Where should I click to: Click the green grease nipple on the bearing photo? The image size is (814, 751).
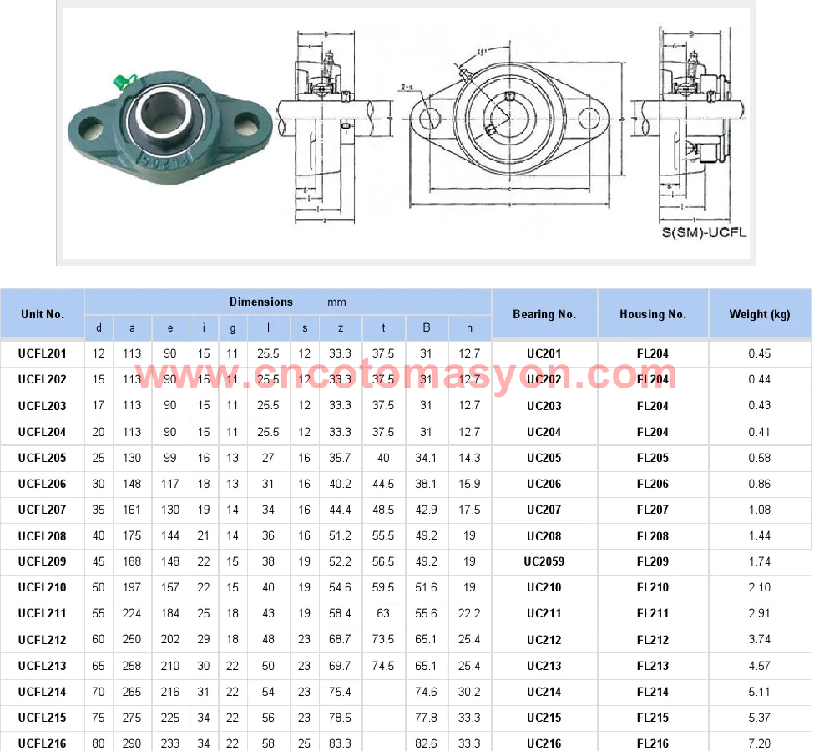pyautogui.click(x=120, y=81)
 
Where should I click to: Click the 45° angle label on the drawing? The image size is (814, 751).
pyautogui.click(x=482, y=52)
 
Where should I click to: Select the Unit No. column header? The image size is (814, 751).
pyautogui.click(x=43, y=314)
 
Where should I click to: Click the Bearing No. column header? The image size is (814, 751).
pyautogui.click(x=544, y=314)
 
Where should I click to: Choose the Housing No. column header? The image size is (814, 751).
pyautogui.click(x=653, y=314)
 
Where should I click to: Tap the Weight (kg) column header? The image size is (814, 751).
pyautogui.click(x=759, y=314)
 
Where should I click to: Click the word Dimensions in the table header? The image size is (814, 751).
pyautogui.click(x=261, y=302)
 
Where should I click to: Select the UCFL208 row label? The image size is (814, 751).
pyautogui.click(x=42, y=535)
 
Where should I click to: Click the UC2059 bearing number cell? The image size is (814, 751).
pyautogui.click(x=544, y=561)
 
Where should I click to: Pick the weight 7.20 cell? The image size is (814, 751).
pyautogui.click(x=759, y=743)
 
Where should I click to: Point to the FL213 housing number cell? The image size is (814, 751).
pyautogui.click(x=653, y=666)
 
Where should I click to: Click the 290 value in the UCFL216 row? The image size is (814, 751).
pyautogui.click(x=132, y=743)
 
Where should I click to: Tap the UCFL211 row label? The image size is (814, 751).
pyautogui.click(x=42, y=613)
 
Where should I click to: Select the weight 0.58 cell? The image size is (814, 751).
pyautogui.click(x=759, y=458)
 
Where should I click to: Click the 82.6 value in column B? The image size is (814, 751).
pyautogui.click(x=427, y=743)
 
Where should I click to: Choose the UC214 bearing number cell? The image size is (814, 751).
pyautogui.click(x=544, y=692)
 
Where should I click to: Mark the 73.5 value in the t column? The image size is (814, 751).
pyautogui.click(x=383, y=640)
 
